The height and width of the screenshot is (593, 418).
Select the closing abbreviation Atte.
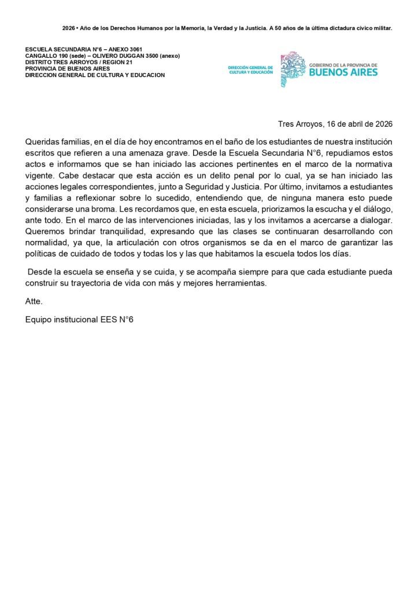click(34, 302)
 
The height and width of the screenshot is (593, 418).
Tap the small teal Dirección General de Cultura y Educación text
click(250, 69)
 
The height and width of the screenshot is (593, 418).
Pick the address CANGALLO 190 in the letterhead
click(47, 56)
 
